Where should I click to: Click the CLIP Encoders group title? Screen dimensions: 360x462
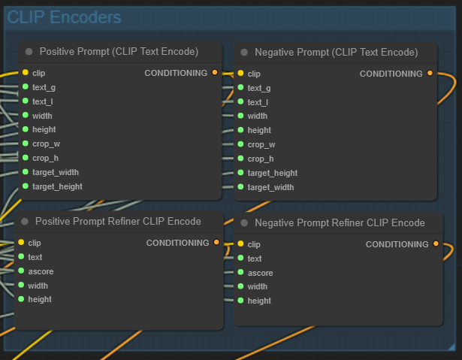65,17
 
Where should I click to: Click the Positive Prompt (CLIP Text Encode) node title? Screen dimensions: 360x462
119,52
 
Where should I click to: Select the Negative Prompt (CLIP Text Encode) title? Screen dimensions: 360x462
336,53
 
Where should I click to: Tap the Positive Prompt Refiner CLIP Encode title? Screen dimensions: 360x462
118,221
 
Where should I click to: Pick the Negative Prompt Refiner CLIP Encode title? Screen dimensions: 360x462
340,222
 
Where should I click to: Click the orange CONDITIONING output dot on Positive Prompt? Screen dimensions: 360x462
215,73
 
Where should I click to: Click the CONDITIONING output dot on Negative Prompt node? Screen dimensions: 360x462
430,74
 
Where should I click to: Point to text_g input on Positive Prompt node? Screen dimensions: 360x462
26,87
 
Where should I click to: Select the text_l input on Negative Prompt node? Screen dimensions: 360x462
241,102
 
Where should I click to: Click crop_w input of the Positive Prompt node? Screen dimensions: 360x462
26,144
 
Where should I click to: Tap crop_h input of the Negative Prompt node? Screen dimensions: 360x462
241,159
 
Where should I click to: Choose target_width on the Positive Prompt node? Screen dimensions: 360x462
26,172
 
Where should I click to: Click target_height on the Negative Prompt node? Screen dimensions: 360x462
241,173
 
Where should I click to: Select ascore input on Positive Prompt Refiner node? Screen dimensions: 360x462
21,271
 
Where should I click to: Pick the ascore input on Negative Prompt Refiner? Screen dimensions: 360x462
240,273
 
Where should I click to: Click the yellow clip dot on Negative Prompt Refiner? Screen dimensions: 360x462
240,244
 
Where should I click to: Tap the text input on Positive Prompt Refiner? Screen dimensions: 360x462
21,257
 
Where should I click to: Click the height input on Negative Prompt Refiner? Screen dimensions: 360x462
240,301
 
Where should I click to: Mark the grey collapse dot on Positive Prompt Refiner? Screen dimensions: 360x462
25,222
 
